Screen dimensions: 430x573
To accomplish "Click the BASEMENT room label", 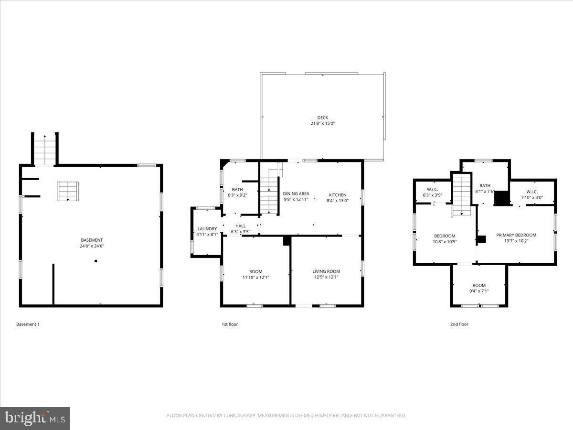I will click(91, 240).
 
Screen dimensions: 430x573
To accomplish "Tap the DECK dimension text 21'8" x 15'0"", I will click(323, 124).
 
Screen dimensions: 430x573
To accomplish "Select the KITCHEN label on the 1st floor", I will click(337, 195).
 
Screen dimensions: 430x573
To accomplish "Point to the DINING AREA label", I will click(296, 193).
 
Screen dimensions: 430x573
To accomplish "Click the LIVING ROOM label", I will click(327, 271).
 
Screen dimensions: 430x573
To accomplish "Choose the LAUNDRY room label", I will click(207, 229).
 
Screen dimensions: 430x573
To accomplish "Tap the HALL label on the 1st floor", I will click(240, 226).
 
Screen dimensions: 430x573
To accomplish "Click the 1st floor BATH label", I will click(237, 190).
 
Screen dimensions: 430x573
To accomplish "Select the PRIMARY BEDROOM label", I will click(516, 235).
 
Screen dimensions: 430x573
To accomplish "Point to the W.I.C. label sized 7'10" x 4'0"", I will click(532, 192).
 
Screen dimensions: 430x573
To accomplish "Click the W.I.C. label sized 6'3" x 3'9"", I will click(432, 189).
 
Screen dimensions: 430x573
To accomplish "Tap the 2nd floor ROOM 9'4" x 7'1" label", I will click(478, 286).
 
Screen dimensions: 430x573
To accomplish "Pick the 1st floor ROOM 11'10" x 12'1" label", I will click(255, 271).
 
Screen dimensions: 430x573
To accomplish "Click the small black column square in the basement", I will click(96, 261).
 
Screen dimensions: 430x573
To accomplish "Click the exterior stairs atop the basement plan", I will click(45, 149).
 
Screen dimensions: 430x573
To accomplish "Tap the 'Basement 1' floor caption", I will click(28, 324).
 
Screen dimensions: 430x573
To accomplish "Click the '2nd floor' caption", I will click(459, 324).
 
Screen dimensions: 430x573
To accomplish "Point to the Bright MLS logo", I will click(35, 419).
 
